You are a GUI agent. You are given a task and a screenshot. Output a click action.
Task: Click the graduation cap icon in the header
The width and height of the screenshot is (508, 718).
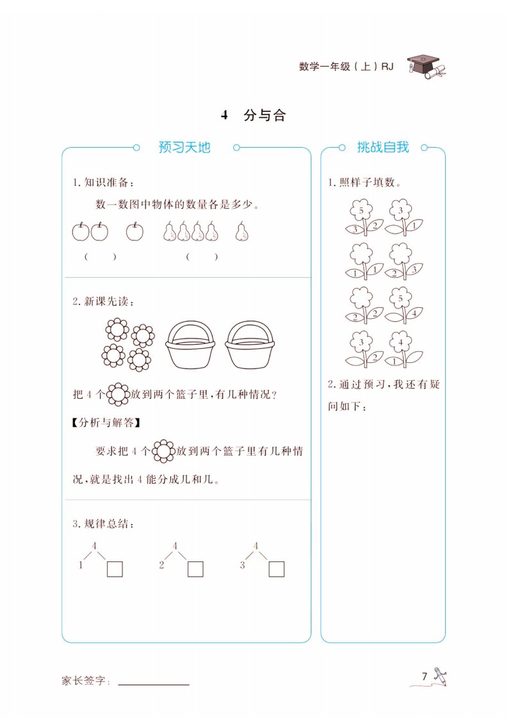427,67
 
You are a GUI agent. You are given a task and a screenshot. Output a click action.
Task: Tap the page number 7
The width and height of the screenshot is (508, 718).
425,676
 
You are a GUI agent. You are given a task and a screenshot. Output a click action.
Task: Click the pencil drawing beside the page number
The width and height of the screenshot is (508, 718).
441,676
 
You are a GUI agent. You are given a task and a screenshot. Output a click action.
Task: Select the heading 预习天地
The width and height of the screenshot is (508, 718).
184,147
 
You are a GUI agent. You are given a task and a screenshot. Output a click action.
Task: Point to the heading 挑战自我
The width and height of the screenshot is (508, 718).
383,147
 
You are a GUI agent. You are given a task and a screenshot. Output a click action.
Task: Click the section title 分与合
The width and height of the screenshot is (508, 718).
265,115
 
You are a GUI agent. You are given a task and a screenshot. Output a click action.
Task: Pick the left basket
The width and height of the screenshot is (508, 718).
190,344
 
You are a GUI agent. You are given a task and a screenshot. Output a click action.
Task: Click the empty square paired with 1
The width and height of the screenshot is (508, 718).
115,569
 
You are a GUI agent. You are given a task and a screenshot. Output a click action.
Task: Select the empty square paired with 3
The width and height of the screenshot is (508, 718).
277,569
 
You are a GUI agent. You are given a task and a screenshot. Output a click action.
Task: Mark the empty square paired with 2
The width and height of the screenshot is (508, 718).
195,569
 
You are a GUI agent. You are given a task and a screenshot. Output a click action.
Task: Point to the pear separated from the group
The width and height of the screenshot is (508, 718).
242,231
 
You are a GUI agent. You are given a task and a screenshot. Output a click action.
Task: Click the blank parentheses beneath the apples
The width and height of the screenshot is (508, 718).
101,257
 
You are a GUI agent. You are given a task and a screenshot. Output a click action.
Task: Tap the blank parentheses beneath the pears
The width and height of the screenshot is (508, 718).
202,257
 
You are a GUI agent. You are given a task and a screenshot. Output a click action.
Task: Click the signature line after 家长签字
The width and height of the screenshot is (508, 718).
154,685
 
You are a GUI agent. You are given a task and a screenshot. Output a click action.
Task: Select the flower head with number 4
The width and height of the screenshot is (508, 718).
400,342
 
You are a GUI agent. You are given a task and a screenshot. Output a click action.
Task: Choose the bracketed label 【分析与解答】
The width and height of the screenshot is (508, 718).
106,422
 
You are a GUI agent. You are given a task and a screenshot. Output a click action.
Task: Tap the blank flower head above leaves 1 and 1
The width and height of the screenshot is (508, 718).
361,254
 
